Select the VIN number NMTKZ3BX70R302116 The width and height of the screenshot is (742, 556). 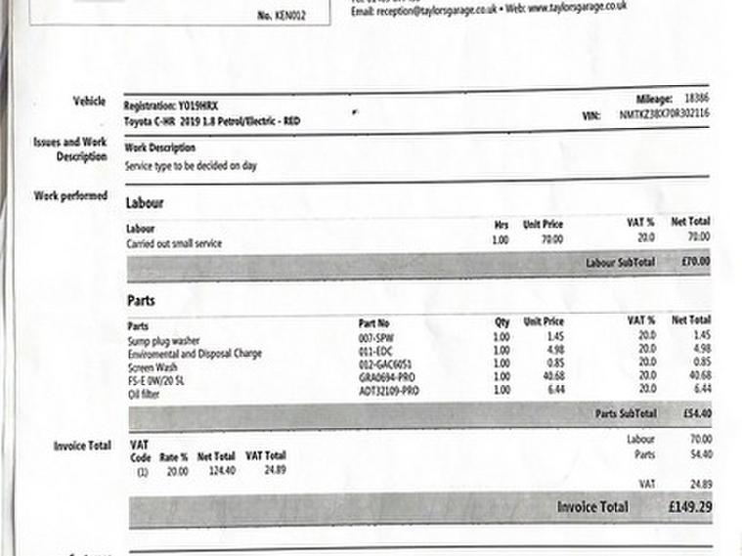(x=664, y=114)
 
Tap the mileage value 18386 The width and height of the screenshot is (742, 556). (x=696, y=100)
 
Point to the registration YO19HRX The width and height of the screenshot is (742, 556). (x=181, y=105)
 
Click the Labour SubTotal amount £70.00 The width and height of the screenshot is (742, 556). (x=695, y=262)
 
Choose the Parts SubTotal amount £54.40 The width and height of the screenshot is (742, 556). (x=695, y=413)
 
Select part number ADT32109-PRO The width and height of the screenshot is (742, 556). (x=388, y=390)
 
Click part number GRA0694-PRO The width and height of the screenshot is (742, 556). (x=388, y=376)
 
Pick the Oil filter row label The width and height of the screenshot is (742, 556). (x=144, y=394)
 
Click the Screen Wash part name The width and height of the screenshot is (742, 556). (x=150, y=368)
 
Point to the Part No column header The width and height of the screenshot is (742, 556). (x=374, y=322)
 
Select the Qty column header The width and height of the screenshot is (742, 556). (x=502, y=321)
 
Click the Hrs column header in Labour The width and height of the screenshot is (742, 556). (x=502, y=224)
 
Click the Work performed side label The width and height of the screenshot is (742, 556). (x=70, y=195)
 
